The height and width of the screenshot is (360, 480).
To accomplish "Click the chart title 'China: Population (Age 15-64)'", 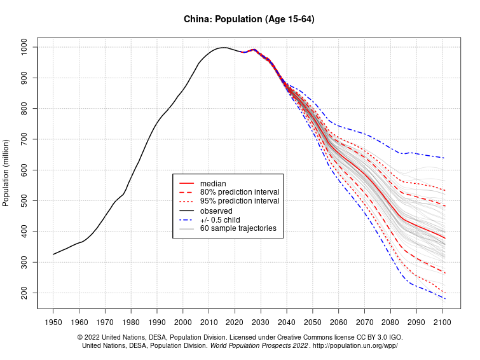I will (x=240, y=19).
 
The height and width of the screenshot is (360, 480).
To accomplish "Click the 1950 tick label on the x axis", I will (x=53, y=322).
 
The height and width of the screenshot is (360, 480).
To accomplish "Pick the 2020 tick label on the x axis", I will (x=235, y=322).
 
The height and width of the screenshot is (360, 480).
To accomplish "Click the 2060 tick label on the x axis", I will (x=338, y=322).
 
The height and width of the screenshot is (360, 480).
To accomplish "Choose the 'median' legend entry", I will (x=213, y=183).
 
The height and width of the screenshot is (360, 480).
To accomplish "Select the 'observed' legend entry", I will (x=216, y=211).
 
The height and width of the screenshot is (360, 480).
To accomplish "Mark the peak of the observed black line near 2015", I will (x=222, y=47).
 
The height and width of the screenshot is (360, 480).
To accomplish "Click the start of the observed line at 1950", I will (x=53, y=254).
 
